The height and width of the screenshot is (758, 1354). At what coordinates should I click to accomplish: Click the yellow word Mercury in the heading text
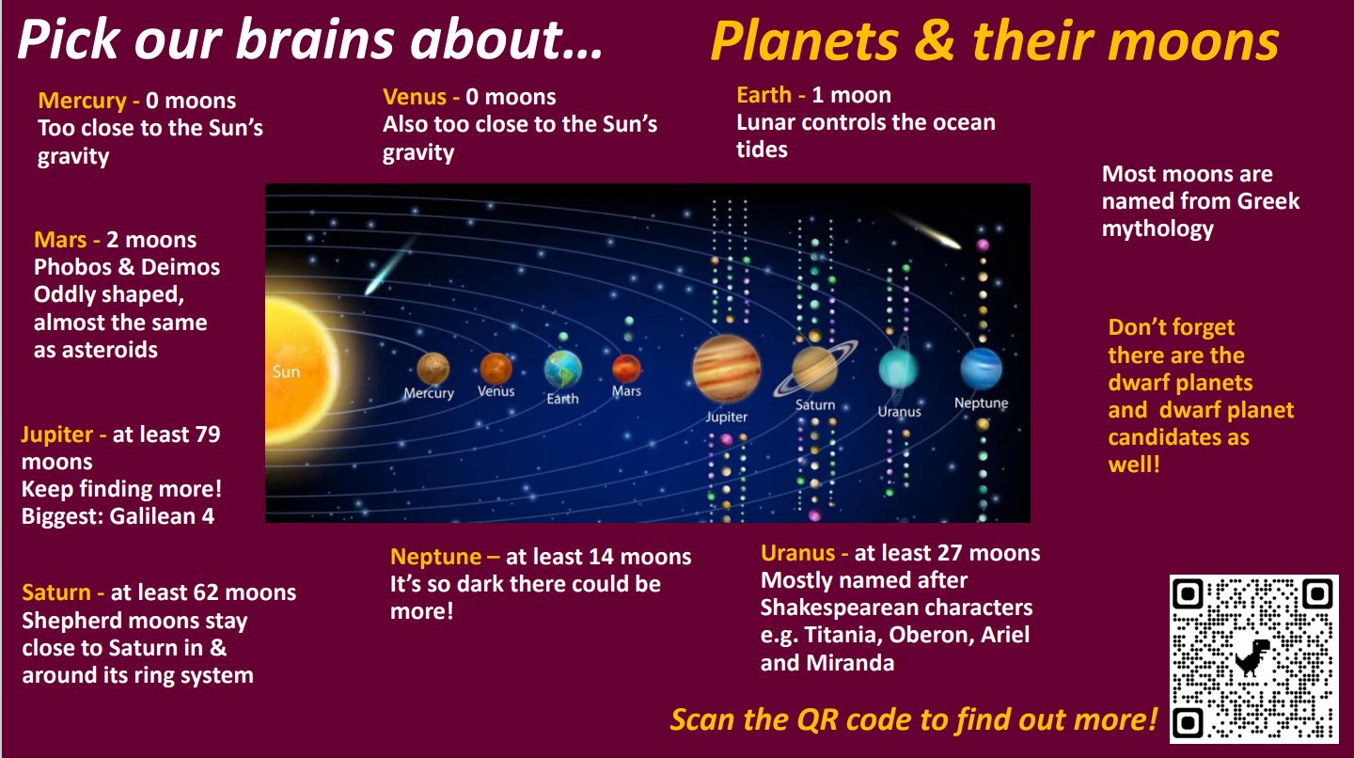click(82, 101)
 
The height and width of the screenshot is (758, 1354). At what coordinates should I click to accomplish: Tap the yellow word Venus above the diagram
click(415, 97)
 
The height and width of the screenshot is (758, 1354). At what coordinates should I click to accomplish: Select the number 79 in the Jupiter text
click(207, 434)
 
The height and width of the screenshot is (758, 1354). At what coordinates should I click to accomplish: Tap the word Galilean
click(153, 516)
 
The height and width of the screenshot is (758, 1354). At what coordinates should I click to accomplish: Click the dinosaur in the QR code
click(1252, 657)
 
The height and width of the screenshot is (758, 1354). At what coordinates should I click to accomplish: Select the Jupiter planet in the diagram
click(726, 368)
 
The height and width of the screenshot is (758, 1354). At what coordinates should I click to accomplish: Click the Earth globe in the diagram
click(562, 369)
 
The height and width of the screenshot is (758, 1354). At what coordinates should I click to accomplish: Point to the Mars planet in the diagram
click(626, 368)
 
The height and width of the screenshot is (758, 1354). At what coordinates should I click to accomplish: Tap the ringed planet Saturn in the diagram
click(815, 368)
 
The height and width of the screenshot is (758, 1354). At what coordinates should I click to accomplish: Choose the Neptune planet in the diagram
click(981, 368)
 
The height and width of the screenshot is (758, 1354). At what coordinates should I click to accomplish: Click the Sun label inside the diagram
click(286, 371)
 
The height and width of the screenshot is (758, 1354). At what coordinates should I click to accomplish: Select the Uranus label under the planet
click(900, 412)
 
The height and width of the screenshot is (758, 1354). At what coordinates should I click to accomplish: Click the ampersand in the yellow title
click(935, 41)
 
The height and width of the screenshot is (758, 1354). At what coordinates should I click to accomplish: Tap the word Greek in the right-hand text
click(1268, 201)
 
